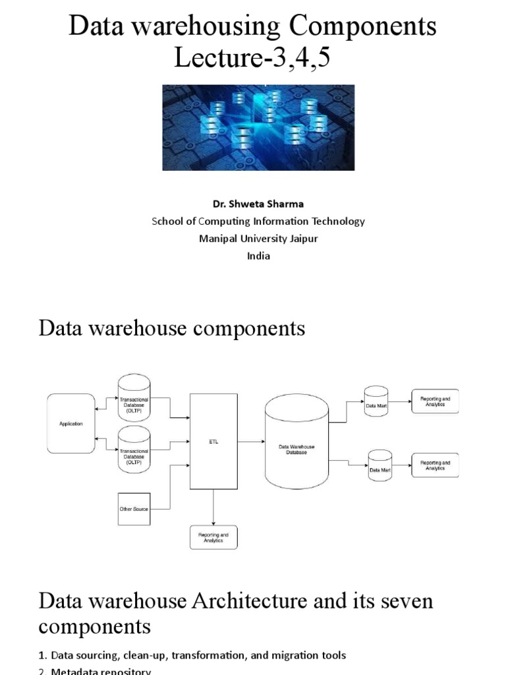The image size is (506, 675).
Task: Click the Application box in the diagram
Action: (70, 424)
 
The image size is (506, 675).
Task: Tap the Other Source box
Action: (134, 509)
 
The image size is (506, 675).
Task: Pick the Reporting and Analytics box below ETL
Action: (212, 537)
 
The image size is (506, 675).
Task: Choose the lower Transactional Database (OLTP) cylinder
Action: (134, 450)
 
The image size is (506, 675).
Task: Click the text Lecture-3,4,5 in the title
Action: (252, 59)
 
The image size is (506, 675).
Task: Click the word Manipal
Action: (219, 239)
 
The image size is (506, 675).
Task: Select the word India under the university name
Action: (258, 256)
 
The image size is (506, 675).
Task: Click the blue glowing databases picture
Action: (258, 127)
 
